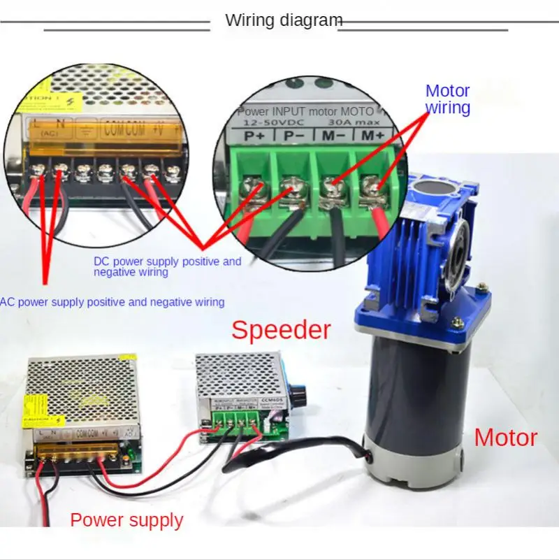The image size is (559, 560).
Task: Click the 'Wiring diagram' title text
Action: click(283, 20)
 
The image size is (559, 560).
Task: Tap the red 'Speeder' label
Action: click(281, 330)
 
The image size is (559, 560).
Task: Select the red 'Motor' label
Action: click(505, 438)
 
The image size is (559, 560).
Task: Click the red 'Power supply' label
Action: click(126, 520)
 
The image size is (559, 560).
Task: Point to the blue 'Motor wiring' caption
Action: click(448, 99)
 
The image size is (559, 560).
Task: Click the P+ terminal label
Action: click(253, 136)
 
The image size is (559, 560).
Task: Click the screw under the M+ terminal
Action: click(371, 187)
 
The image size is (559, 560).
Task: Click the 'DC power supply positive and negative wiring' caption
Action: click(167, 266)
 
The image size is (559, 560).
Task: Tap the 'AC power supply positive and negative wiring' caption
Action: click(112, 302)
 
